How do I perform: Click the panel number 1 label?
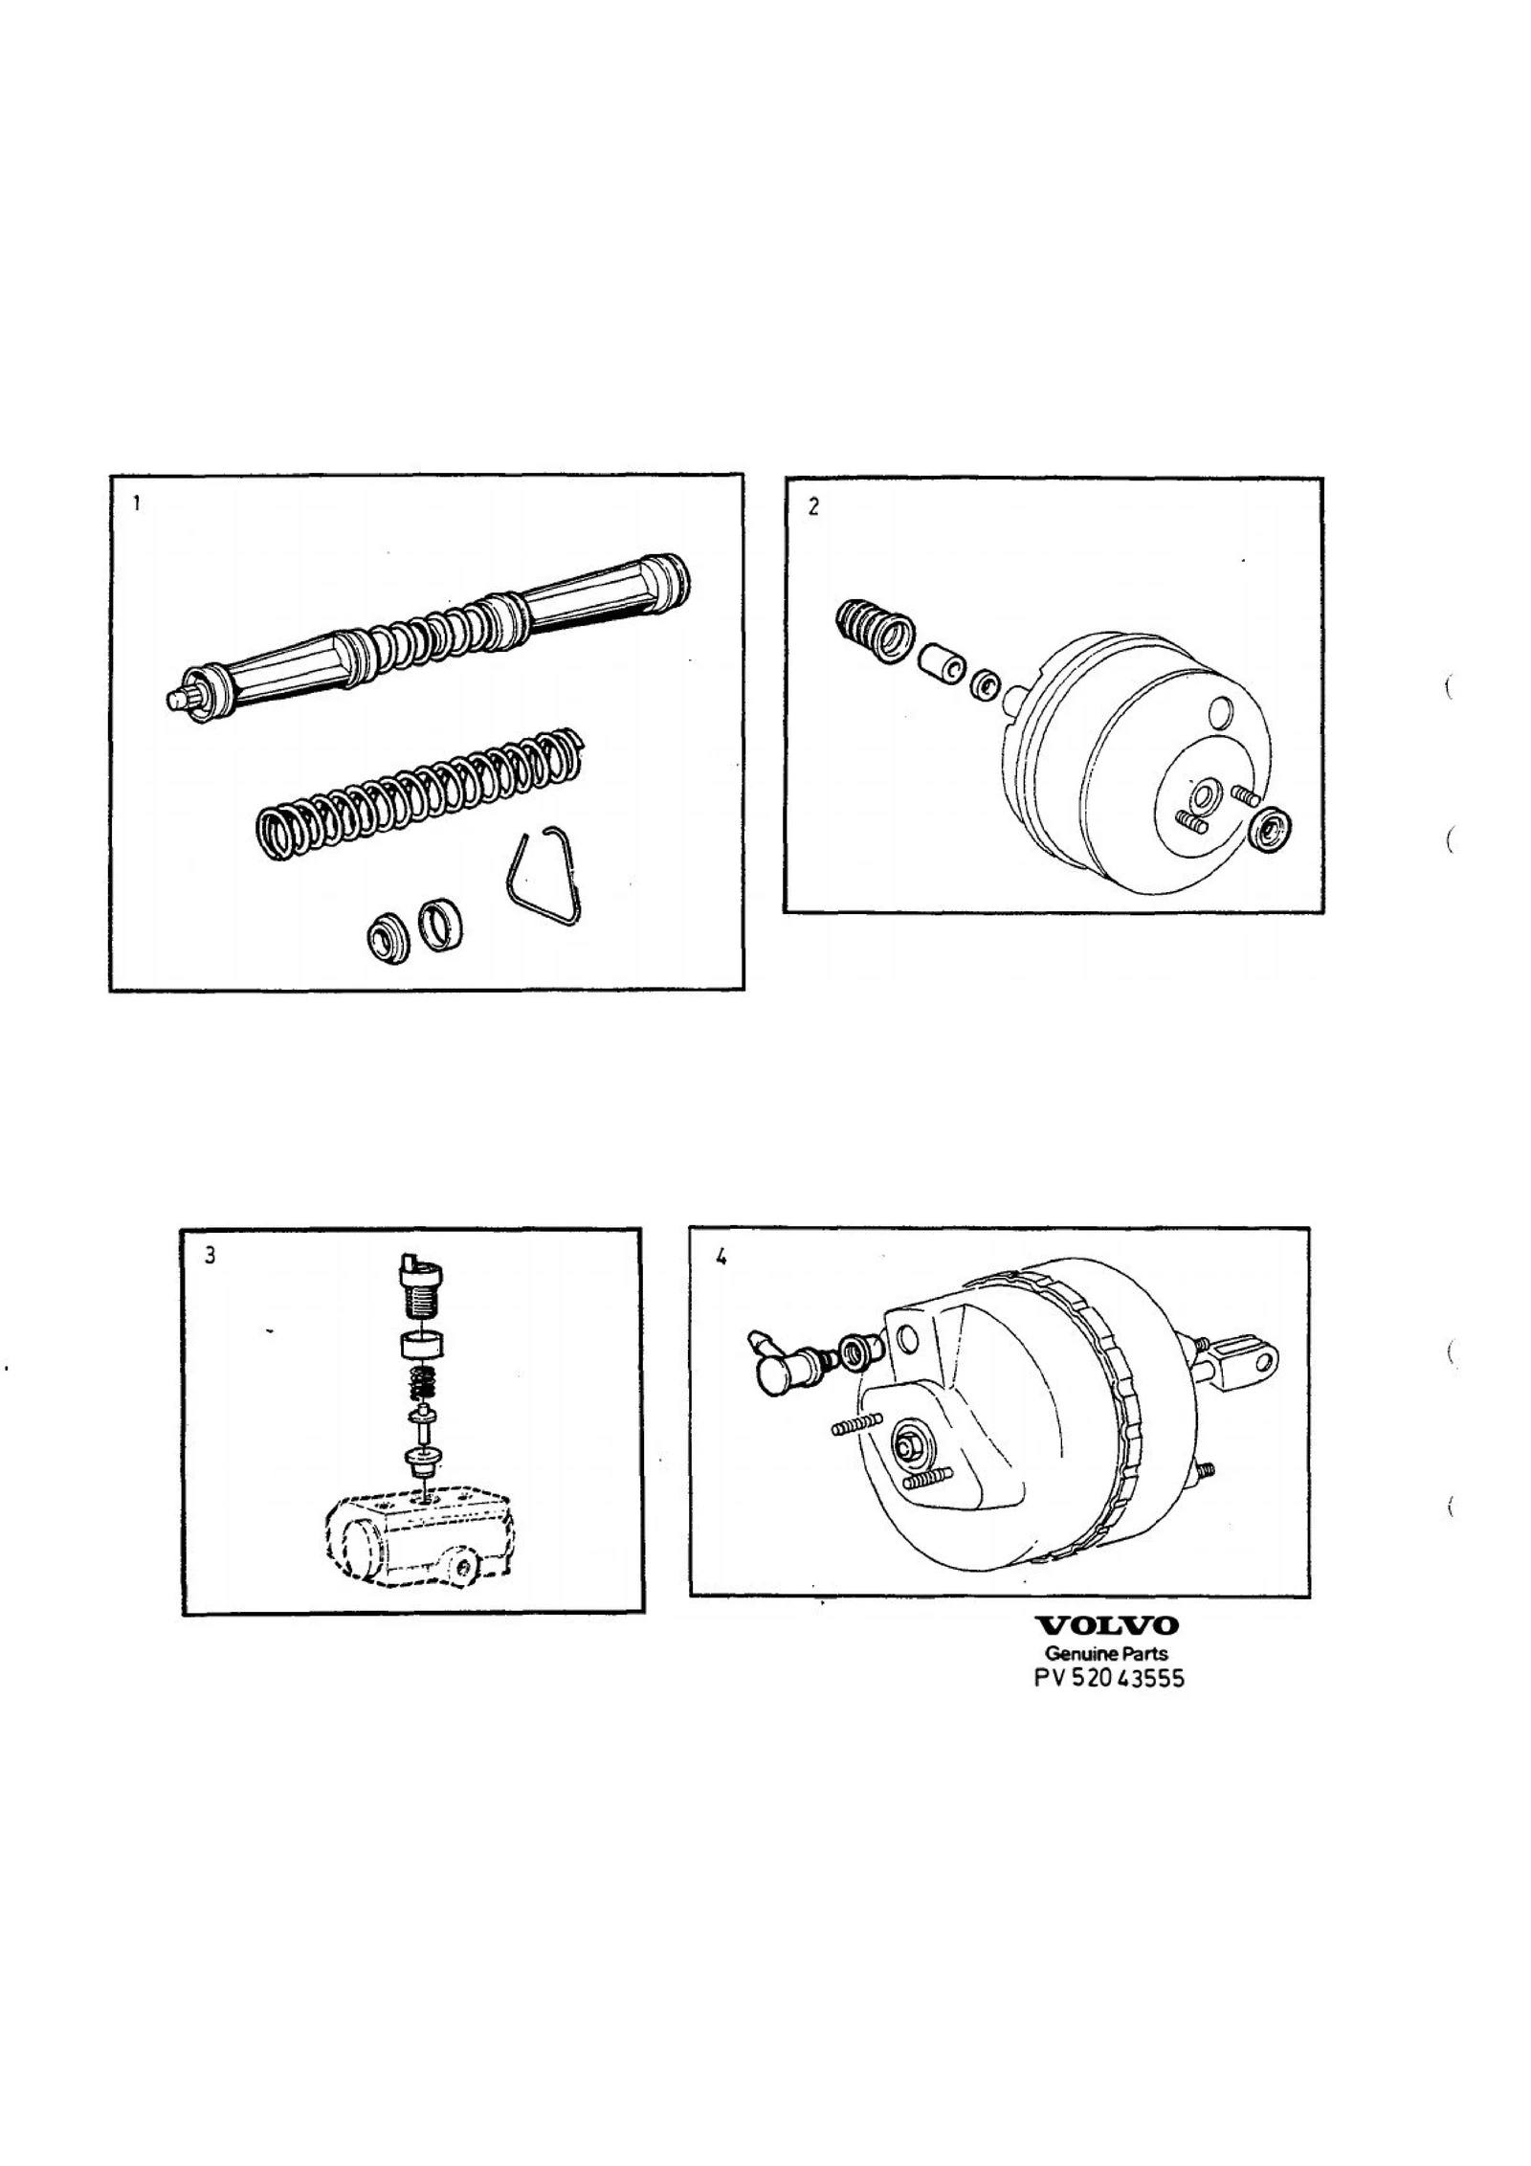tap(138, 503)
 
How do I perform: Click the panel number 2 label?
tap(813, 507)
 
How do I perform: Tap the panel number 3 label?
tap(210, 1256)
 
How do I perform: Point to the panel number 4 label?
tap(721, 1258)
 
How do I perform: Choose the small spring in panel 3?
tap(422, 1382)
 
